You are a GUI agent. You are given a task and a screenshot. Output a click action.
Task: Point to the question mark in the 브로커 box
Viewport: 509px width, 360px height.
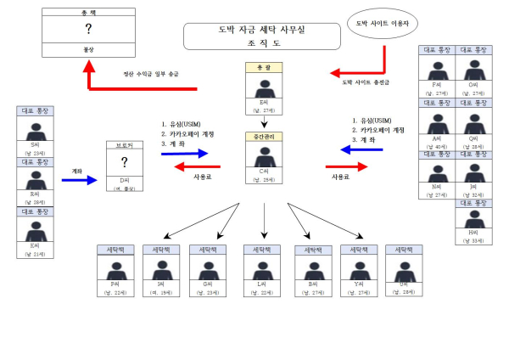(125, 162)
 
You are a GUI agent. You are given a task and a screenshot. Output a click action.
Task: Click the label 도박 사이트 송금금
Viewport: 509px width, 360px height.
(366, 82)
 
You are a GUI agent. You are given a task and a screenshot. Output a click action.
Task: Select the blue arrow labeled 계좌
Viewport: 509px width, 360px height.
(84, 180)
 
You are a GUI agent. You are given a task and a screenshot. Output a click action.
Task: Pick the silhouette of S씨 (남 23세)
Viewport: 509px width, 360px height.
(35, 132)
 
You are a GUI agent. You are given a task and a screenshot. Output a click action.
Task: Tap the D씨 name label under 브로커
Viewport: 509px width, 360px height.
(125, 180)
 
